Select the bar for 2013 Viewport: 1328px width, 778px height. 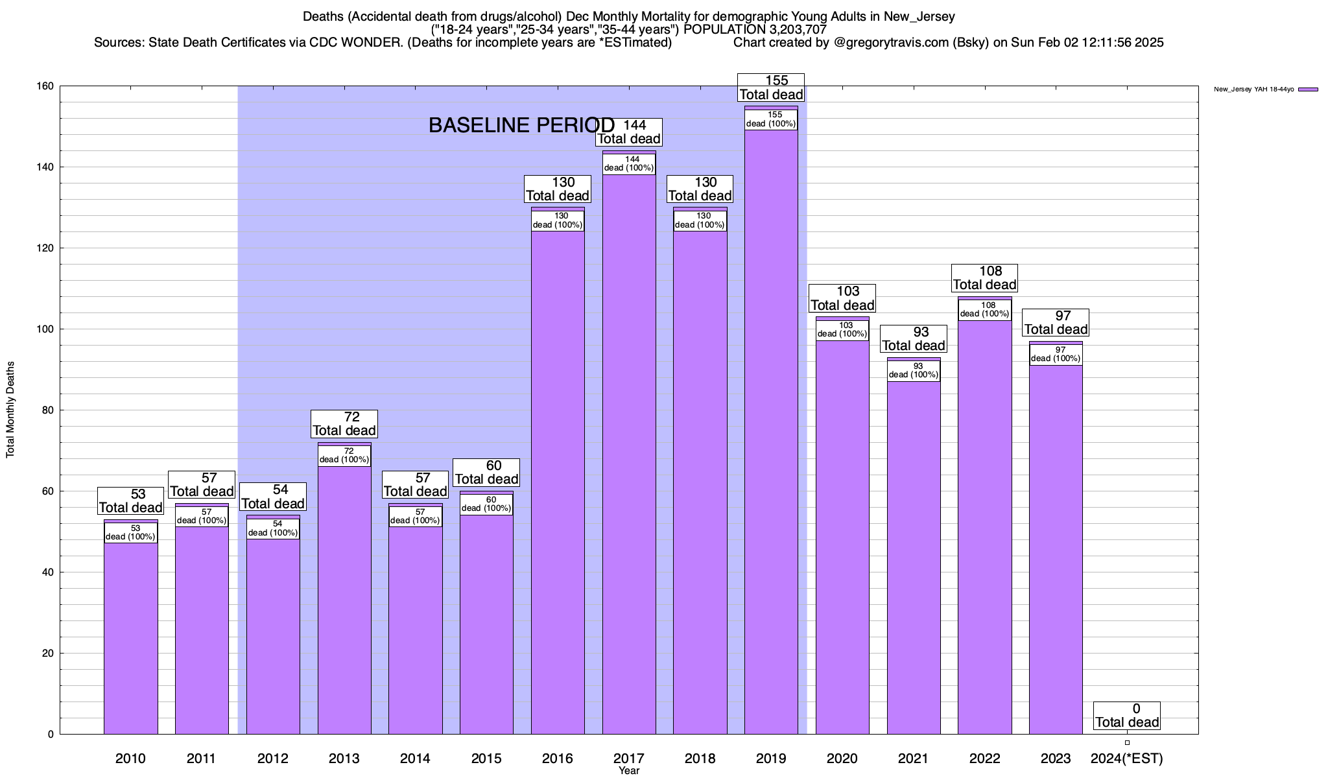344,596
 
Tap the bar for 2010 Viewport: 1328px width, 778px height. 130,635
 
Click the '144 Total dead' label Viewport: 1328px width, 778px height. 629,132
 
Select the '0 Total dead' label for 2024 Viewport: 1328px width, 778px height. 1127,716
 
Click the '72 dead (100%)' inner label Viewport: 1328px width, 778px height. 344,455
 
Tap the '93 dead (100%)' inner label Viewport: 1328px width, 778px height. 914,371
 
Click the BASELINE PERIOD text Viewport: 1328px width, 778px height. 521,125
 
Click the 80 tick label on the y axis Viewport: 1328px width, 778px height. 48,410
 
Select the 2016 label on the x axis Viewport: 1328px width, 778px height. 558,759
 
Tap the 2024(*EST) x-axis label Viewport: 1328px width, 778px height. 1127,759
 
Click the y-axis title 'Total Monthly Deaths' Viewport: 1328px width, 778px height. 10,410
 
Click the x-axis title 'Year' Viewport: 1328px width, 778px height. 629,771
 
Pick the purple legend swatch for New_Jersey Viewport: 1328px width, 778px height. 1308,89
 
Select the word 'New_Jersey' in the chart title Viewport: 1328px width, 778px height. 919,17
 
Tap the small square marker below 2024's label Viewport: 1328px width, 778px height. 1127,743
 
